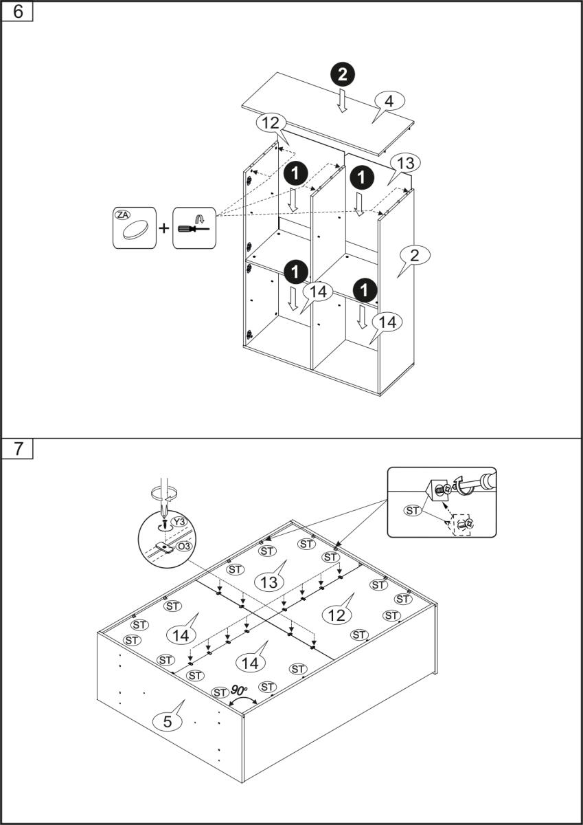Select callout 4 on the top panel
(x=389, y=101)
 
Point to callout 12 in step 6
(x=269, y=124)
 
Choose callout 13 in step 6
(x=405, y=163)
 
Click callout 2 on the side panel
(x=414, y=256)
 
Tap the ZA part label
(x=123, y=215)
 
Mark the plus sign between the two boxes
(x=164, y=228)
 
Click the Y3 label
(x=180, y=522)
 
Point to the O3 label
(x=183, y=547)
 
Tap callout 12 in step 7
(x=336, y=615)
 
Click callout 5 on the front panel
(x=168, y=721)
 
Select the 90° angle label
(x=240, y=689)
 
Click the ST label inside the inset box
(x=413, y=510)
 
